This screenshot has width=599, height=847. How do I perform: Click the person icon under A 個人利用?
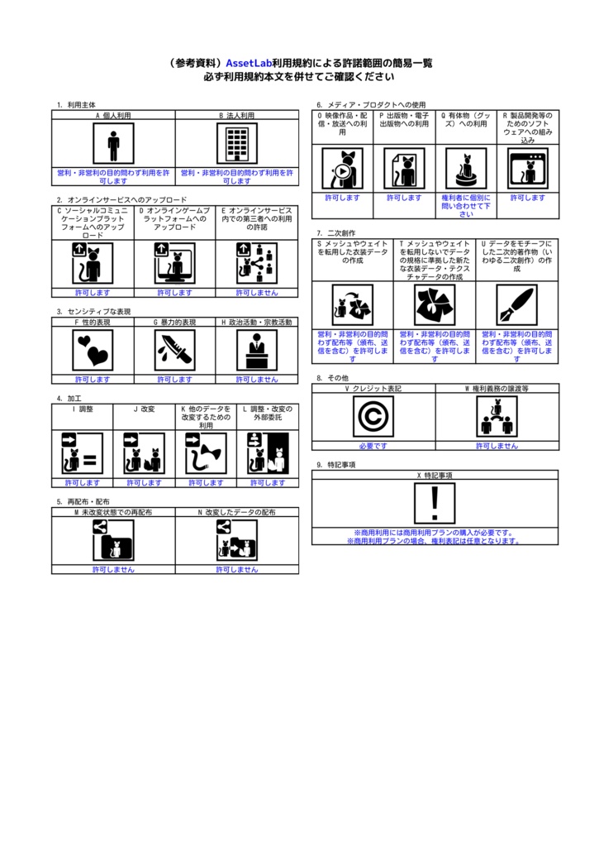(113, 145)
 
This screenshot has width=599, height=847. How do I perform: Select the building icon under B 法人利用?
(237, 145)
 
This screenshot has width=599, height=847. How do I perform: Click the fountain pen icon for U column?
(516, 305)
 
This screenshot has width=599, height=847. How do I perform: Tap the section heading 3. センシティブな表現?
(94, 312)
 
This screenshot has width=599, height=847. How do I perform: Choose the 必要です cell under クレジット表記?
(373, 446)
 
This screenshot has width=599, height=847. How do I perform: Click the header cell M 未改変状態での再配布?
(113, 512)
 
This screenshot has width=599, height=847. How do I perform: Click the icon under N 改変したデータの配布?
(237, 541)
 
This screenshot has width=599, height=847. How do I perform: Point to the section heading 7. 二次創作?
(335, 233)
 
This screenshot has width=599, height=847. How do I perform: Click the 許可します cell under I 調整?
(83, 482)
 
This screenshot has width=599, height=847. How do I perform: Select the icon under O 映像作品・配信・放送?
(342, 169)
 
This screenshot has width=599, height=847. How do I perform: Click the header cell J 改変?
(144, 409)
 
